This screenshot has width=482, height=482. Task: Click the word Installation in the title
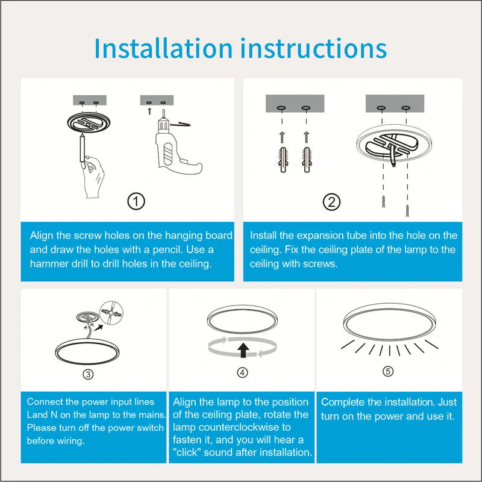163,48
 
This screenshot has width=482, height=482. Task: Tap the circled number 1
136,202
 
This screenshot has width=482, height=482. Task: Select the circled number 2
332,202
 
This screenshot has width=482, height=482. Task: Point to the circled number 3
88,374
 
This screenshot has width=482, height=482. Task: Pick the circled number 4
242,372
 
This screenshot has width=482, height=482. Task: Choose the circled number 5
388,371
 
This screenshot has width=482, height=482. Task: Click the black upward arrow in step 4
243,351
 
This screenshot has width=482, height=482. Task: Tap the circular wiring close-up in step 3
111,313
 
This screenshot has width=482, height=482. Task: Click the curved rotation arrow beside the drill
180,124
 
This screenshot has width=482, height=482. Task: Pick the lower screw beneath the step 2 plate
407,210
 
